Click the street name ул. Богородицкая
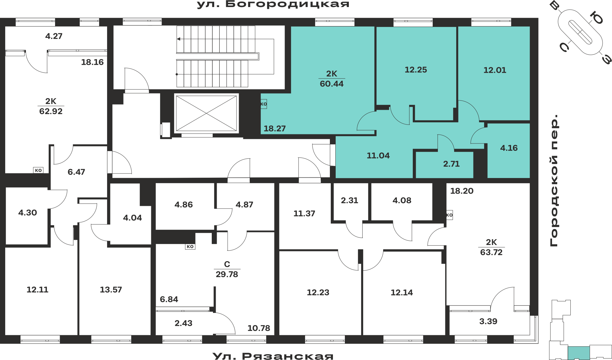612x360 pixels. tap(273, 4)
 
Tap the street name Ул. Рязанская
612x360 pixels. tap(273, 356)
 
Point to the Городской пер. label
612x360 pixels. tap(554, 180)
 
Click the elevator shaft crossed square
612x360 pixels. tap(206, 113)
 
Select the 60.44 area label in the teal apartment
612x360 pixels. tap(332, 84)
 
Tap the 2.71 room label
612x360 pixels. tap(451, 164)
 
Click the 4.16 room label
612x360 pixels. tap(509, 148)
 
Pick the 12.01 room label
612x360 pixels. tap(495, 70)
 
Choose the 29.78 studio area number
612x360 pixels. tap(227, 274)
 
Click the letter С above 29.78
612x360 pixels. tap(227, 264)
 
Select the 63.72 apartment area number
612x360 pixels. tap(491, 252)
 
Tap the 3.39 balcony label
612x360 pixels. tap(488, 321)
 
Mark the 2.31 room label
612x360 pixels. tap(349, 200)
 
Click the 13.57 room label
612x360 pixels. tap(111, 290)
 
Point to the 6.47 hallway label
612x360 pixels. tap(76, 172)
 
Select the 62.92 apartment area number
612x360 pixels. tap(51, 111)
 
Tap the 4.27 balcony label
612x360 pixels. tap(54, 36)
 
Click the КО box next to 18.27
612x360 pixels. tap(264, 104)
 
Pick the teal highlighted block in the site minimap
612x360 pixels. tap(579, 353)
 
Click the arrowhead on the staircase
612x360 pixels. tap(178, 39)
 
